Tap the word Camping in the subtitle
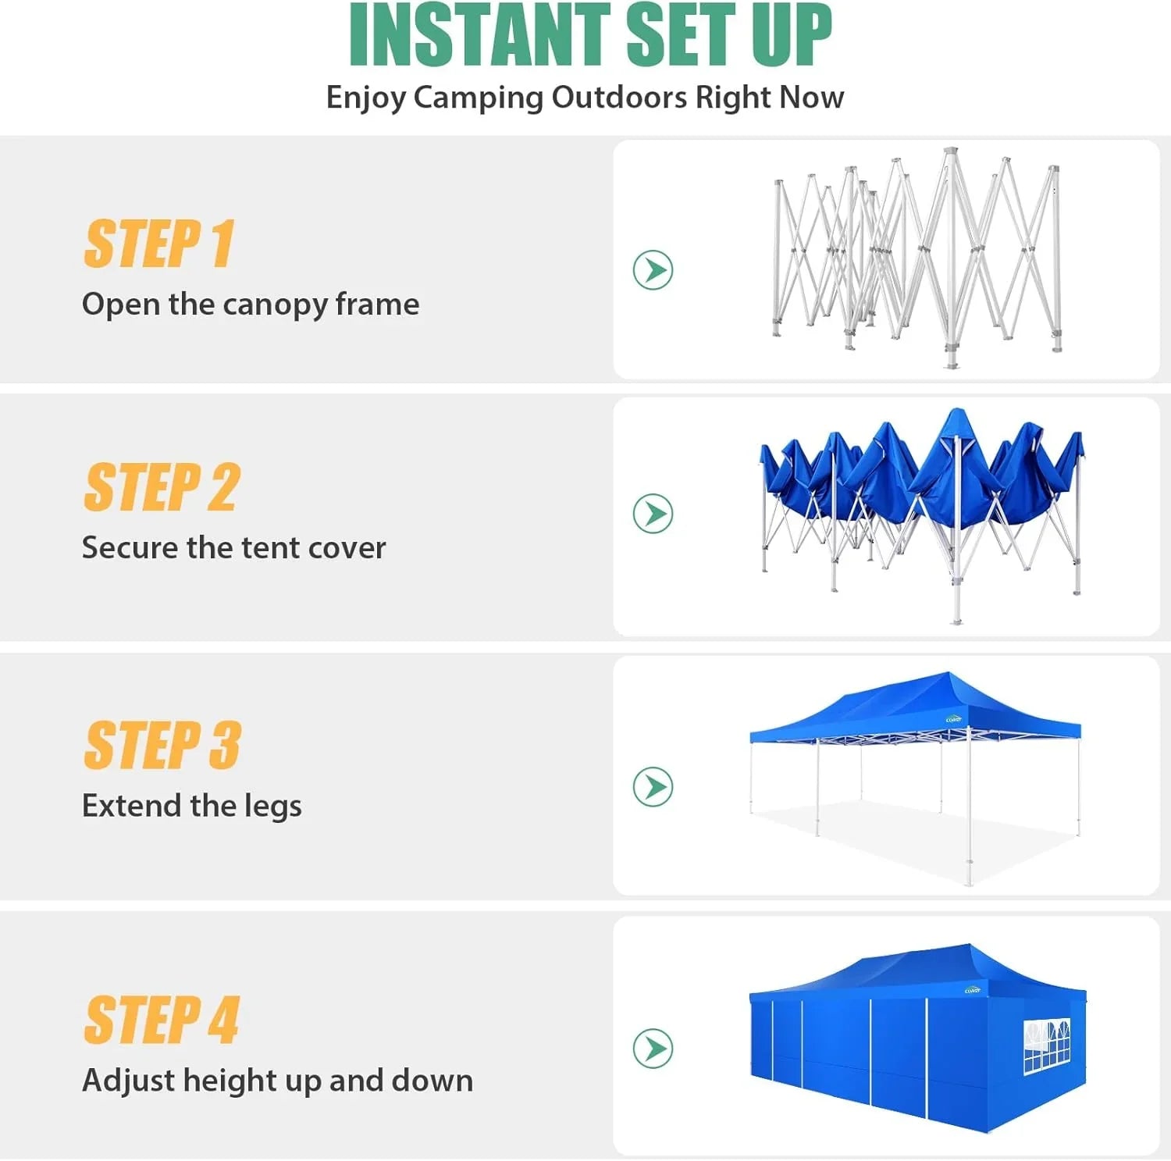[x=479, y=98]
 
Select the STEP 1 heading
[x=159, y=244]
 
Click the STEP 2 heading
[x=162, y=487]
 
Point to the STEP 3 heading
[x=162, y=745]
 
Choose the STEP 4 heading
[x=162, y=1020]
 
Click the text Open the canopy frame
[x=251, y=304]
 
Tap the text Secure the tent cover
[x=233, y=547]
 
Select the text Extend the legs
[x=191, y=805]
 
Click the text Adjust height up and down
[x=277, y=1080]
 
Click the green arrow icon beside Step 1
[x=653, y=270]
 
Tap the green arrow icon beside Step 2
[x=653, y=514]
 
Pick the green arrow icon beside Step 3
[x=653, y=786]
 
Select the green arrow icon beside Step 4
[x=653, y=1048]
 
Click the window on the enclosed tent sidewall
[x=1046, y=1045]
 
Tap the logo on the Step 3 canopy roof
[x=953, y=720]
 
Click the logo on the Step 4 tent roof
[x=972, y=990]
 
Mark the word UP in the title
[x=791, y=35]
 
